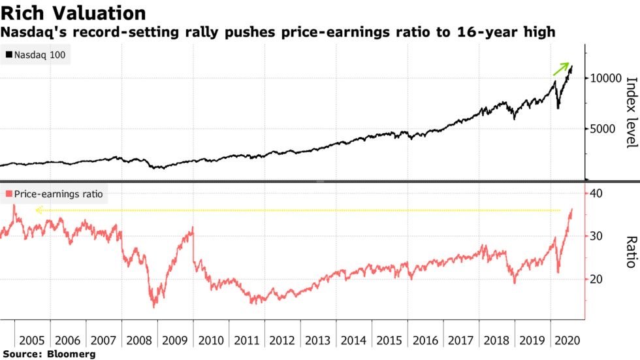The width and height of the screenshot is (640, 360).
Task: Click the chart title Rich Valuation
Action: [x=73, y=12]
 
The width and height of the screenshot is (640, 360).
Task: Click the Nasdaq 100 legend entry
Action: [x=37, y=56]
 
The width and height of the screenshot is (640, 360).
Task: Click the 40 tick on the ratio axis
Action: [x=596, y=193]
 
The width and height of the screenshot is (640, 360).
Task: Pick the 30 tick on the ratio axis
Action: [x=596, y=236]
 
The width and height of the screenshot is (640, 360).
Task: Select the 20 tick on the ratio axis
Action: [x=596, y=279]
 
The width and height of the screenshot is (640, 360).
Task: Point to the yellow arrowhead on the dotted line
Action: [x=38, y=210]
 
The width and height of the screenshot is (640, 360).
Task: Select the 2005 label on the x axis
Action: [x=32, y=340]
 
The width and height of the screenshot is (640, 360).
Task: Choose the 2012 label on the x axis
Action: [x=281, y=340]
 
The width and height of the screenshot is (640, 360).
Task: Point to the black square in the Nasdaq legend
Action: [x=8, y=56]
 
